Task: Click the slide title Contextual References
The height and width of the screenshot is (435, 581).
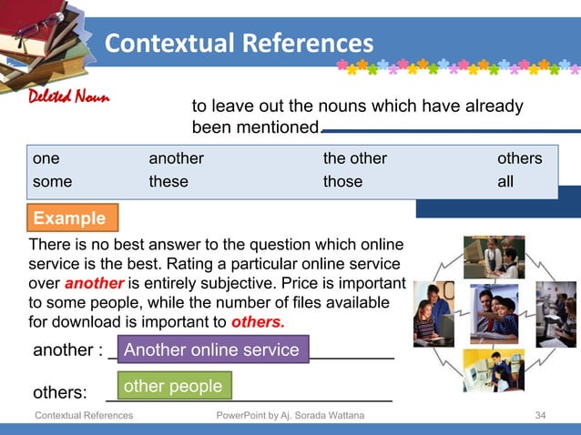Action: point(239,43)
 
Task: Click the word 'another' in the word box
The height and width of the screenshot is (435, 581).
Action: point(176,158)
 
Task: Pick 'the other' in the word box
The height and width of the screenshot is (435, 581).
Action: point(354,158)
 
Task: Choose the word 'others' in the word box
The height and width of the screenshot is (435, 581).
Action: point(519,158)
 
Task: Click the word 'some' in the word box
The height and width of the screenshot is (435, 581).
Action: point(52,181)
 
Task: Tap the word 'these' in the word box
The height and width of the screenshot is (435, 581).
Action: point(168,181)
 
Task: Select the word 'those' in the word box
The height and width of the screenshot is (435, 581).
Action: point(342,181)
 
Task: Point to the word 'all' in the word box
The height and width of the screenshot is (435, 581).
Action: point(505,181)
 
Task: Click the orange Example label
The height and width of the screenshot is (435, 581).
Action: point(69,218)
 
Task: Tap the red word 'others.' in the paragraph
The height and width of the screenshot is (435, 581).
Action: point(258,322)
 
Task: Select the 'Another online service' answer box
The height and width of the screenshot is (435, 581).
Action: point(211,350)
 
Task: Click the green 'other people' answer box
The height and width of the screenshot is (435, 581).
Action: point(173,386)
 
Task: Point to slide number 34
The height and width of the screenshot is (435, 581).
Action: point(540,415)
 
